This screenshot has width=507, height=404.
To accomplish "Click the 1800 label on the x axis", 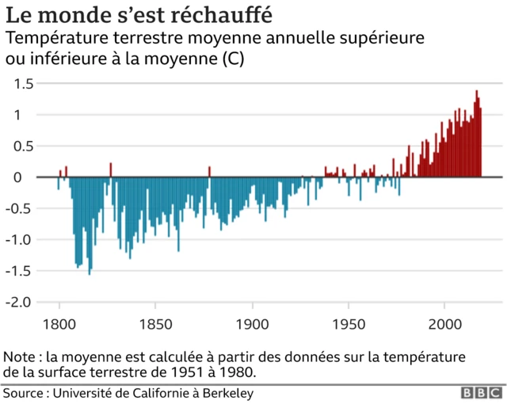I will (59, 326).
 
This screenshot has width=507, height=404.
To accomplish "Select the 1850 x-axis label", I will (155, 326).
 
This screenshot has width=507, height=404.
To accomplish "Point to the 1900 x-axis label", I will (252, 326).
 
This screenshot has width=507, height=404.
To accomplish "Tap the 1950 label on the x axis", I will (349, 326).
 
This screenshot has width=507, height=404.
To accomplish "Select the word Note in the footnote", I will (20, 356).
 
